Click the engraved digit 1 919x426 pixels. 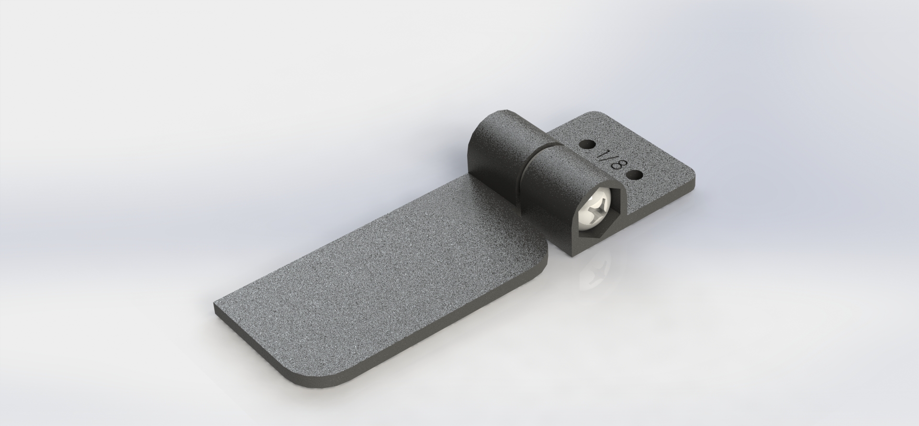click(601, 155)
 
